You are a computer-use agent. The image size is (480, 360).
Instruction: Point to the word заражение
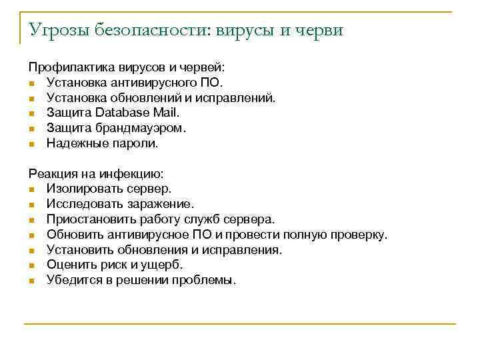click(x=161, y=204)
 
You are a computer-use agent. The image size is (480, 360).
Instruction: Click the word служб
click(x=203, y=219)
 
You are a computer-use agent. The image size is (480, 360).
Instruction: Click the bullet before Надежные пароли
click(x=31, y=143)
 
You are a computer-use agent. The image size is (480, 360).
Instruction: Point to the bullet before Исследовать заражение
click(x=31, y=205)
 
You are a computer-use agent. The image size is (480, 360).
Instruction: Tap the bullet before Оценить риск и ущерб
click(x=31, y=265)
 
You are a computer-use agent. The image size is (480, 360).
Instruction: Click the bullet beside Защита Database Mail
click(x=31, y=113)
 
